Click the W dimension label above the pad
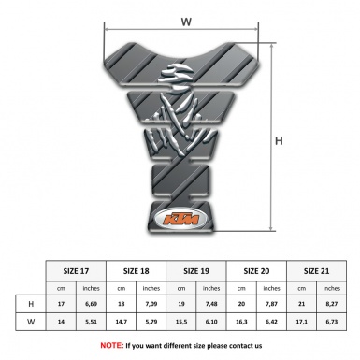(186, 19)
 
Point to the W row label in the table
(32, 324)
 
